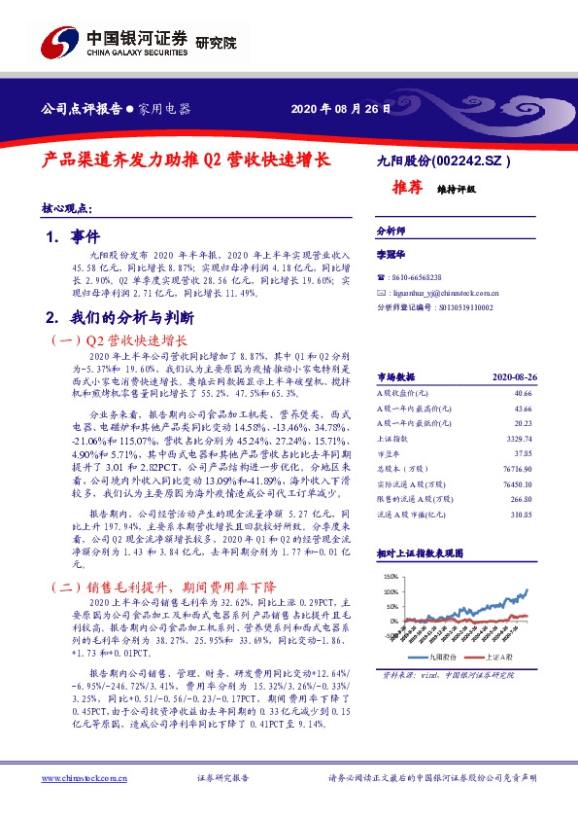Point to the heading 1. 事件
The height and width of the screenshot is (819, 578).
pos(73,236)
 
